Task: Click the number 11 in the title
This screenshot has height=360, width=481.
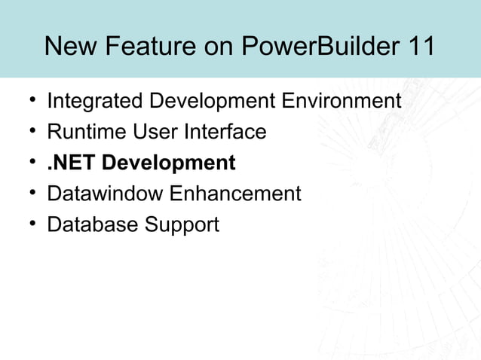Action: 419,46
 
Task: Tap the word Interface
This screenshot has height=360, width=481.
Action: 226,132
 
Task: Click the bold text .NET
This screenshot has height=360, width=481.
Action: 72,163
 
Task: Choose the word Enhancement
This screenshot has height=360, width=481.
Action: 234,194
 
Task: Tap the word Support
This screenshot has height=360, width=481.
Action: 182,224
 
